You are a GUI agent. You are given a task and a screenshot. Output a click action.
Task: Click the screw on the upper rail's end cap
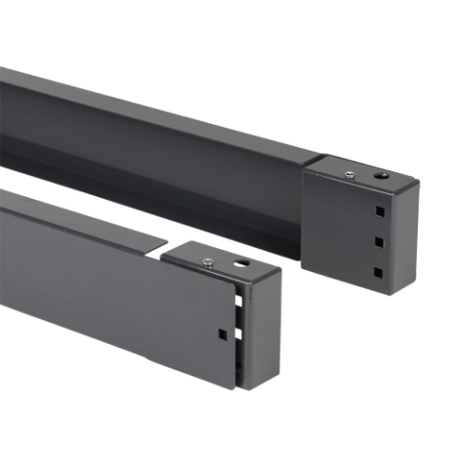(x=350, y=173)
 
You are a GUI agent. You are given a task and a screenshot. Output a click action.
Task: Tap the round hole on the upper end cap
(x=380, y=176)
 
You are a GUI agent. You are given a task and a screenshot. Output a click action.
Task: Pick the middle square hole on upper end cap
(x=377, y=242)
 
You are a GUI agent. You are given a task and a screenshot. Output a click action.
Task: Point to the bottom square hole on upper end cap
(x=377, y=272)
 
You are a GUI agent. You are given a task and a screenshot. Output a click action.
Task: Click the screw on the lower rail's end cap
(x=207, y=260)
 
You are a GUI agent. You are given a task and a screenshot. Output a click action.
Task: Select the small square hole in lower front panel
(x=221, y=333)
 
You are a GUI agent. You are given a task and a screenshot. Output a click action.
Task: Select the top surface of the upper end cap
(x=365, y=171)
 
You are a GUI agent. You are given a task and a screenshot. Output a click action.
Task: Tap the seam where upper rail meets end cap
(x=304, y=204)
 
